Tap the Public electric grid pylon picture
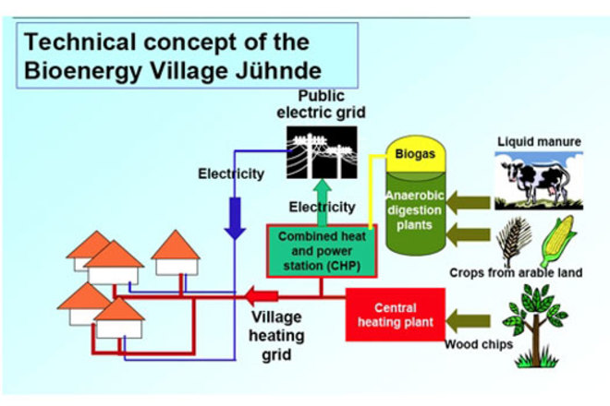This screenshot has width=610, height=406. coord(322,152)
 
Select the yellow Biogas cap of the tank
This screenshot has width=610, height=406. coord(415,154)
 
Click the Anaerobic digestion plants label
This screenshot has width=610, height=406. coord(415,210)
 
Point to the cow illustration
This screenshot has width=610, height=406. coord(539,181)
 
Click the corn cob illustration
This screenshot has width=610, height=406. coord(558,241)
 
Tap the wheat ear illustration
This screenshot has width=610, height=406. coord(514,242)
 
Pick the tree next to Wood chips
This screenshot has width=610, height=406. coord(536,326)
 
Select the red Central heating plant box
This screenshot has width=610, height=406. coord(396,315)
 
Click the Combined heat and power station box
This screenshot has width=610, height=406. coord(322,251)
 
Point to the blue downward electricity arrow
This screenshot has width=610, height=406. coord(235,218)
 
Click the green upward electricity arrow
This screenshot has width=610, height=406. coord(323,202)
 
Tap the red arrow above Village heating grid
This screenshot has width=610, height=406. coord(262,296)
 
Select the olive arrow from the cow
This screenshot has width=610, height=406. coord(468,203)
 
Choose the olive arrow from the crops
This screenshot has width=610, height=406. coord(468,234)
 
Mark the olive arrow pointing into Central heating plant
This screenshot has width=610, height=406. coord(468,321)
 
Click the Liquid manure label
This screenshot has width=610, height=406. coord(539,142)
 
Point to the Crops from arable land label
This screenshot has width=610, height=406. coord(516,273)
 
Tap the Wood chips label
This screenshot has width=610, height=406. coord(479,344)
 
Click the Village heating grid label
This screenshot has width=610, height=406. coord(276,336)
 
